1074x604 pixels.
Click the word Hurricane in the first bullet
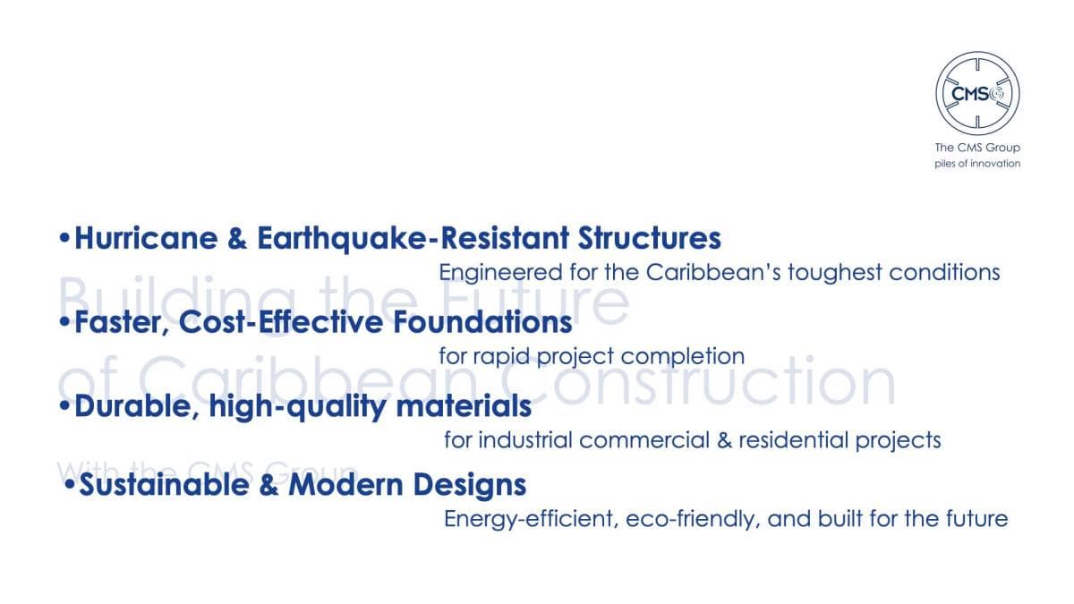pyautogui.click(x=146, y=238)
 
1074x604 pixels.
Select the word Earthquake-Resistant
pyautogui.click(x=413, y=239)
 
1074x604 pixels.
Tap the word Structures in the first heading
pyautogui.click(x=650, y=238)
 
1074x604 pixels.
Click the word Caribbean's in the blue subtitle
pyautogui.click(x=713, y=272)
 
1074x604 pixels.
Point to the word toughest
pyautogui.click(x=835, y=273)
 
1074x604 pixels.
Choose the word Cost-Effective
pyautogui.click(x=281, y=321)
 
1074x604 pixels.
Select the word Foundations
pyautogui.click(x=482, y=321)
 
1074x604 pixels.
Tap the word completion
pyautogui.click(x=683, y=357)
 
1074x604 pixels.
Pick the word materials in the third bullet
pyautogui.click(x=464, y=406)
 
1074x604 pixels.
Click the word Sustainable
pyautogui.click(x=164, y=485)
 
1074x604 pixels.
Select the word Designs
pyautogui.click(x=470, y=485)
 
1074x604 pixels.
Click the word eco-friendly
pyautogui.click(x=693, y=519)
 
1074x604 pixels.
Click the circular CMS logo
pyautogui.click(x=977, y=93)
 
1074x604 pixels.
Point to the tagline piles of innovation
pyautogui.click(x=977, y=164)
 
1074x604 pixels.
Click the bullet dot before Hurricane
pyautogui.click(x=64, y=237)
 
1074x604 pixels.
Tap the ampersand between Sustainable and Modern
pyautogui.click(x=269, y=485)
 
